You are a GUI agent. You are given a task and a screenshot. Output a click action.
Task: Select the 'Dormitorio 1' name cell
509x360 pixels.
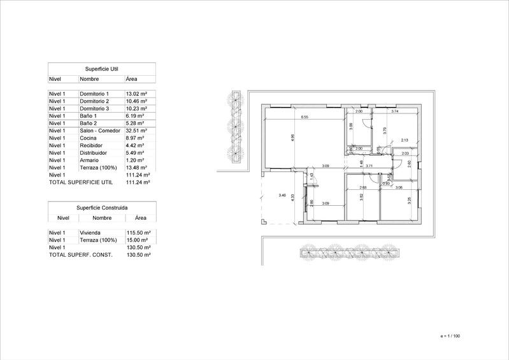[94, 94]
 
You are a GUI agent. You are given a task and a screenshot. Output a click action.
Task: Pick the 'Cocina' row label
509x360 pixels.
[88, 138]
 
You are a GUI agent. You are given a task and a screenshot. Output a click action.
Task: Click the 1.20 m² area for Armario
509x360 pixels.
[135, 160]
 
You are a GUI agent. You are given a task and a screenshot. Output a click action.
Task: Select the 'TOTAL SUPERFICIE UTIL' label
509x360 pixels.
[80, 182]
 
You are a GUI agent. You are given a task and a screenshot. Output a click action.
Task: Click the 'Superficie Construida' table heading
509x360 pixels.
[102, 208]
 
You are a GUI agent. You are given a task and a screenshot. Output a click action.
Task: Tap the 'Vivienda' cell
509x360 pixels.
[90, 233]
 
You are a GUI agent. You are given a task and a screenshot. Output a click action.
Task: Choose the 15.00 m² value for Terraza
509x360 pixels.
[138, 240]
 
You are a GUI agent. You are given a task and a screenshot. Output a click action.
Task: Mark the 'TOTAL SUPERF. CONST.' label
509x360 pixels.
[80, 255]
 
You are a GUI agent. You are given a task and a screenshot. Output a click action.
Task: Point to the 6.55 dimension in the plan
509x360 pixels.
[305, 117]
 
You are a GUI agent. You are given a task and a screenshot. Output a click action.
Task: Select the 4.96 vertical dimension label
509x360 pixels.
[292, 137]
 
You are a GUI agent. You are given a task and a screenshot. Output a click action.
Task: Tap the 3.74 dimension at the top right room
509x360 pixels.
[394, 112]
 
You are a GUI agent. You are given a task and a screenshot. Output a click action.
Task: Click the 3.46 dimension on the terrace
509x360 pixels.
[282, 195]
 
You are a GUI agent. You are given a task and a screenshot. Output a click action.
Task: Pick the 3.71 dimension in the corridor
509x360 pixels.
[369, 166]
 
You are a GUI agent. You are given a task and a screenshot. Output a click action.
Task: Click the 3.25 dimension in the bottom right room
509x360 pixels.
[410, 200]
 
